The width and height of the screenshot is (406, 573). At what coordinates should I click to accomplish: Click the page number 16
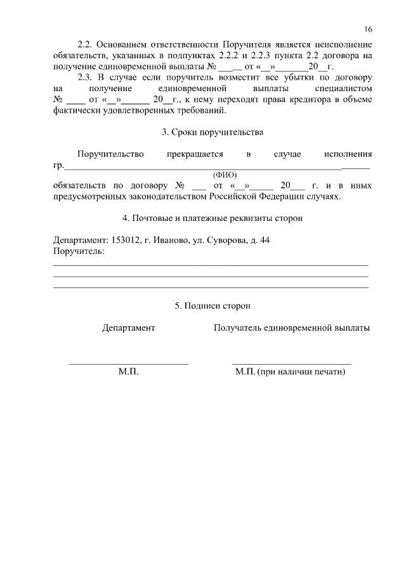368,29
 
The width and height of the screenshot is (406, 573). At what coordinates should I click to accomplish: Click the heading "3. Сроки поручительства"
212,132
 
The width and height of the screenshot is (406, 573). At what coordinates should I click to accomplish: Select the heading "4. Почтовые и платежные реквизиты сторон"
212,218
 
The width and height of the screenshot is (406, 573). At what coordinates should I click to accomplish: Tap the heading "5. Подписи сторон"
212,305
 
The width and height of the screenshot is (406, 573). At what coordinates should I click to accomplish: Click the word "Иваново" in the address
169,241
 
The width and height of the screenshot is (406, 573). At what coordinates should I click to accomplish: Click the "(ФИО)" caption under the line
225,175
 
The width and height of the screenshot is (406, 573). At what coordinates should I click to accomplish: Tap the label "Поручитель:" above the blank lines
79,251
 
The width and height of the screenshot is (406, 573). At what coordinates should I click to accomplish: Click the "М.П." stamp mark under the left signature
128,372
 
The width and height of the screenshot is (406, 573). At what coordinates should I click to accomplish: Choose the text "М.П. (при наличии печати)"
290,372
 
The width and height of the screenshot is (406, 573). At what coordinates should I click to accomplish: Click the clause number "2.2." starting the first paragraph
85,45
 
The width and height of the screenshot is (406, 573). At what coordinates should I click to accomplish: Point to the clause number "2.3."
85,77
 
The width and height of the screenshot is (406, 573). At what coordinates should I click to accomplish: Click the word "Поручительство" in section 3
110,154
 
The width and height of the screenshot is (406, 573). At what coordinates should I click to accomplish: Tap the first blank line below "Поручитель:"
211,264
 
